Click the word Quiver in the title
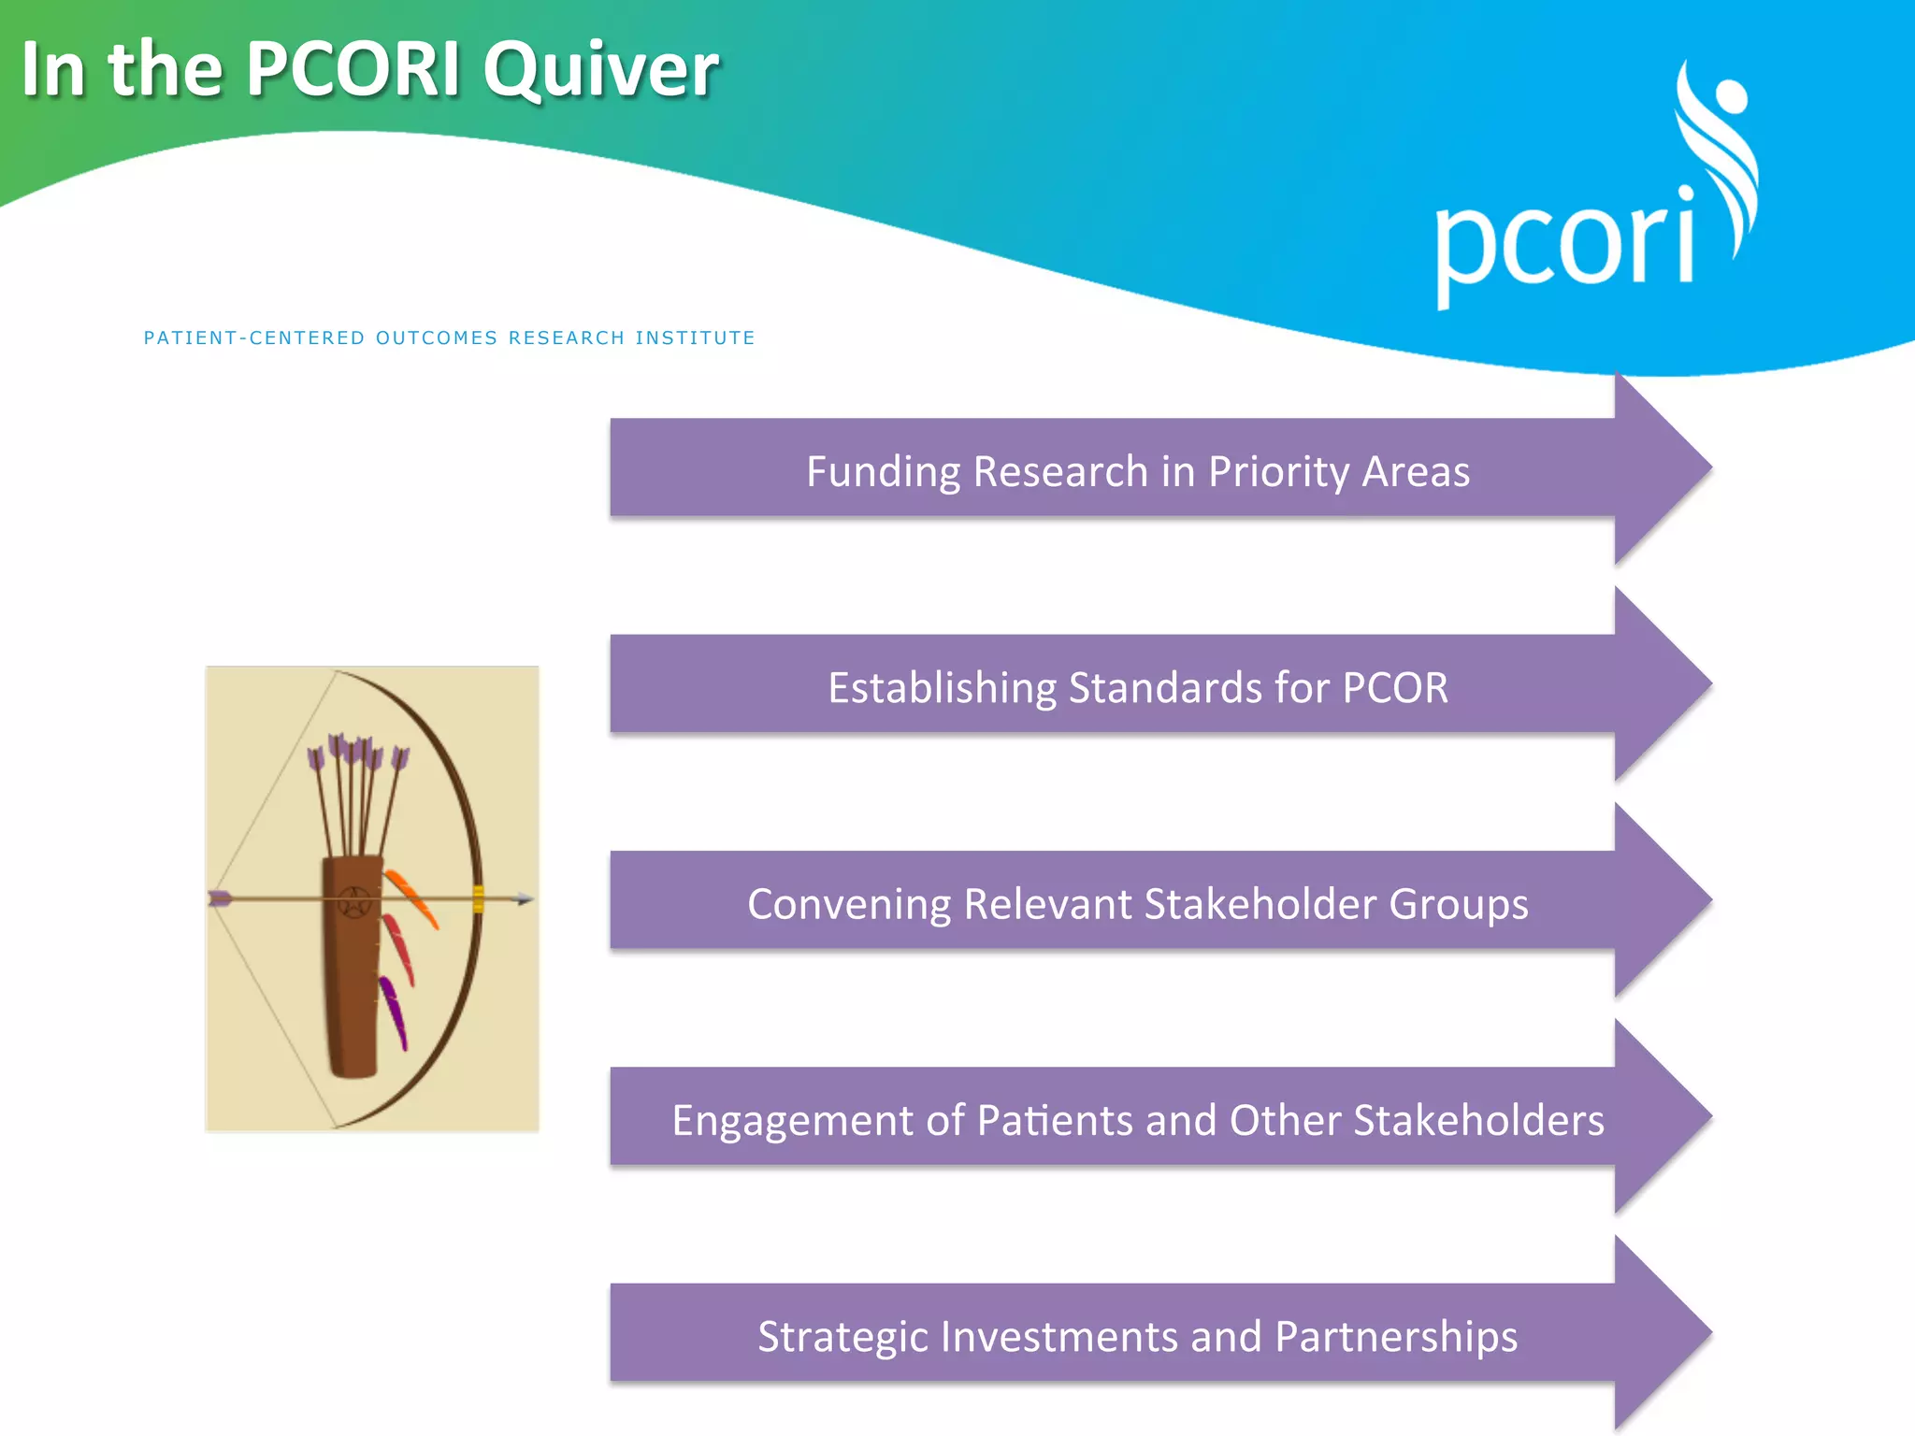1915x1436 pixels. click(600, 70)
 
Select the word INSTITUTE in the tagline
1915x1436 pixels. click(695, 338)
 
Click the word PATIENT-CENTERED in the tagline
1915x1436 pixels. click(254, 338)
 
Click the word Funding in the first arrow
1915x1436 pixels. click(883, 471)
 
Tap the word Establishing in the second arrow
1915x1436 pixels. click(942, 688)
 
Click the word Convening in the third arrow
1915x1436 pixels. click(848, 904)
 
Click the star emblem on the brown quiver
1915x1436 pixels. click(354, 903)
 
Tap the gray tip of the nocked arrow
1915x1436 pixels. click(525, 899)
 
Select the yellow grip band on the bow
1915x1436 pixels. click(478, 898)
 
